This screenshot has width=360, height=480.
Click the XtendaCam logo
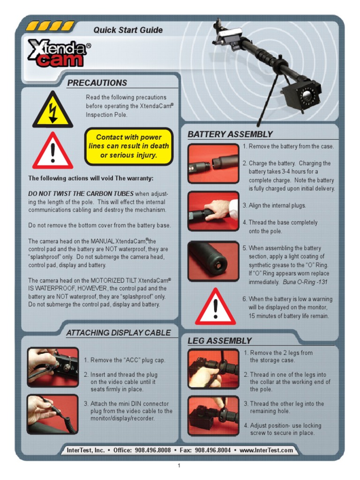[x=58, y=52]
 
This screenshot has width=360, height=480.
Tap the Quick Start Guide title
[x=128, y=30]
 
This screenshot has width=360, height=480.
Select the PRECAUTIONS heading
[x=97, y=83]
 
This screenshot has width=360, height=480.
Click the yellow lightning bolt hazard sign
[x=52, y=110]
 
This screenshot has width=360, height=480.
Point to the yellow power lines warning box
[x=129, y=146]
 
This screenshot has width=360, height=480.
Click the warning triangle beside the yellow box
[x=52, y=151]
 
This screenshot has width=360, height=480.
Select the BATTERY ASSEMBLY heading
[x=230, y=135]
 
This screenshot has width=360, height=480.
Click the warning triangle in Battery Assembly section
[x=215, y=307]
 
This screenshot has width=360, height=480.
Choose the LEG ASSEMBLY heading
[x=219, y=341]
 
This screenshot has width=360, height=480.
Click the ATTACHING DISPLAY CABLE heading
[x=118, y=333]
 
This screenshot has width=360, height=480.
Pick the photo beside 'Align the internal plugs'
[x=213, y=210]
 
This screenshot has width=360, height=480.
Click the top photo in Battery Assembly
[x=213, y=163]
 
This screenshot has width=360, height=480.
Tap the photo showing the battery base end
[x=213, y=261]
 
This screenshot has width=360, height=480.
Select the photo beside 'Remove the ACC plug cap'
[x=52, y=367]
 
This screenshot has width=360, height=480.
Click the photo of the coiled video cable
[x=52, y=414]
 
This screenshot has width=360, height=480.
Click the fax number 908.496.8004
[x=213, y=450]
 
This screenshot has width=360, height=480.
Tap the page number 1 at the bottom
[x=179, y=465]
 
